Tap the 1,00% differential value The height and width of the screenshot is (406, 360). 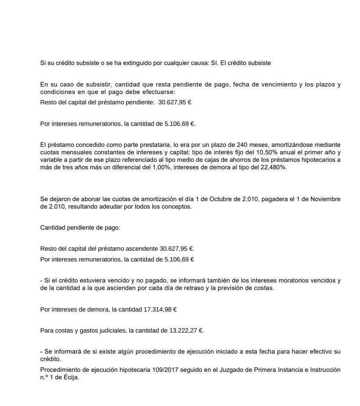click(157, 167)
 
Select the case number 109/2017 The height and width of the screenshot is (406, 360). click(166, 370)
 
